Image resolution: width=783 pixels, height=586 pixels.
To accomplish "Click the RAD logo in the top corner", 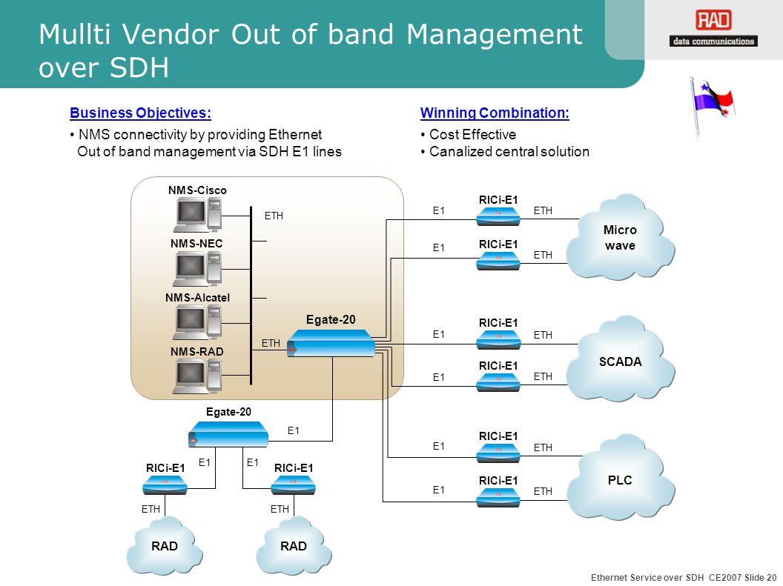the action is pyautogui.click(x=713, y=28).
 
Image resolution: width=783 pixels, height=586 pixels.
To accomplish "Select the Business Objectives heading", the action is pyautogui.click(x=140, y=113).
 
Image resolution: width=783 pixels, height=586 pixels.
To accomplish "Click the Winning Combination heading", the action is pyautogui.click(x=495, y=113).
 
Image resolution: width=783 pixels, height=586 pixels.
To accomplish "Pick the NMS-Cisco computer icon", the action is pyautogui.click(x=197, y=215).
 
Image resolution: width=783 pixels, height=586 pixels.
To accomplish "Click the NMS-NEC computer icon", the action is pyautogui.click(x=197, y=269).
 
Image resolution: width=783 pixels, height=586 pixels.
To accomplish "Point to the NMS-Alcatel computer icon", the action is pyautogui.click(x=197, y=323).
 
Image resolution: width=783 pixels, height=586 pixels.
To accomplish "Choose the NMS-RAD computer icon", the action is pyautogui.click(x=197, y=376).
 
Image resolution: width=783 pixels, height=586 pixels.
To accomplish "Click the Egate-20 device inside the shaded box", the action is pyautogui.click(x=331, y=342).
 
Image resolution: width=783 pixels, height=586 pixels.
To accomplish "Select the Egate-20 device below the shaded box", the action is pyautogui.click(x=228, y=434).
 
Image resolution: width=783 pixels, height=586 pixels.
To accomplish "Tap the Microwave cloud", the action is pyautogui.click(x=620, y=237).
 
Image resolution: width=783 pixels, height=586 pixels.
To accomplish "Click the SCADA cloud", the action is pyautogui.click(x=620, y=359).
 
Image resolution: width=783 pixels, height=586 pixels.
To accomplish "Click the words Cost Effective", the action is pyautogui.click(x=472, y=135).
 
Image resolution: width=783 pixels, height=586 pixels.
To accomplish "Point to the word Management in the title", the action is pyautogui.click(x=495, y=34).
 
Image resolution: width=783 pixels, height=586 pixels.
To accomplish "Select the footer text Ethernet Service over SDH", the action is pyautogui.click(x=647, y=577).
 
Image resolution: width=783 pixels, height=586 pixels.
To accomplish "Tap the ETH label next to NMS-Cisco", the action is pyautogui.click(x=274, y=216).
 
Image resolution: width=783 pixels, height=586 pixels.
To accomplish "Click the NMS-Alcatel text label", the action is pyautogui.click(x=198, y=298).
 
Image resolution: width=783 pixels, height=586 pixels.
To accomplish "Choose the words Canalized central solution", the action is pyautogui.click(x=509, y=152).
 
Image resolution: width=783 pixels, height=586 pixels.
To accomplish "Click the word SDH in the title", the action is pyautogui.click(x=139, y=67).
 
